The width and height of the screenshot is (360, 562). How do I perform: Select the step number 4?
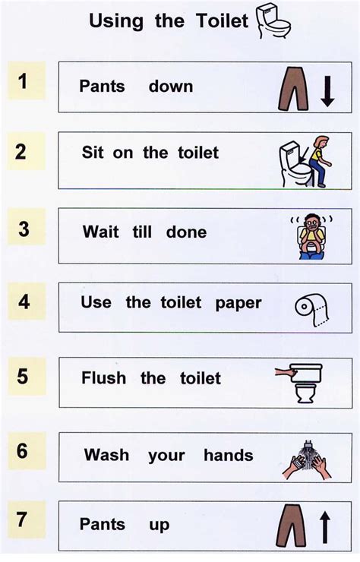(24, 302)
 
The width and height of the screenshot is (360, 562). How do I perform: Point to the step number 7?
(23, 522)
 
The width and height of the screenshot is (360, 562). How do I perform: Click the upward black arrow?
(325, 526)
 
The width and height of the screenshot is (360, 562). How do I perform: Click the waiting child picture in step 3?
(310, 235)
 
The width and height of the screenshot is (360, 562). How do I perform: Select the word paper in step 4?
(238, 303)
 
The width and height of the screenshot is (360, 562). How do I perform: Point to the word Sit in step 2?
(93, 153)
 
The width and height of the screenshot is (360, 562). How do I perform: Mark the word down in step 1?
(171, 87)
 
